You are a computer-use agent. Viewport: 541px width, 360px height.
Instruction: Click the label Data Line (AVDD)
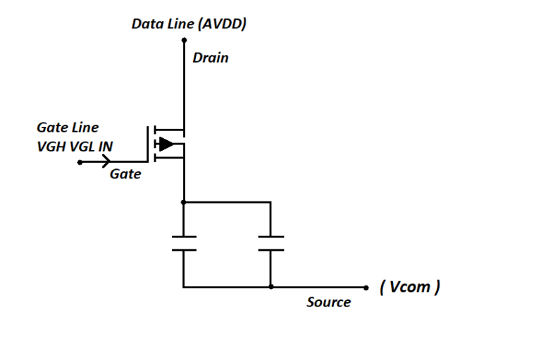click(x=188, y=24)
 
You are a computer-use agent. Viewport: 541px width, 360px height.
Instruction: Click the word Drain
click(x=210, y=58)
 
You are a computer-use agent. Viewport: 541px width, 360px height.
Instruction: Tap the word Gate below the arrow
click(x=125, y=174)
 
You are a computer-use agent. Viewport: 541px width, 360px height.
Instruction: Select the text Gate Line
click(x=68, y=128)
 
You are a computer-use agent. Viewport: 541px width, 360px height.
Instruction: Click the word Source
click(x=328, y=302)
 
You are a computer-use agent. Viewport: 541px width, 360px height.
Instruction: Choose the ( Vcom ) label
click(x=409, y=287)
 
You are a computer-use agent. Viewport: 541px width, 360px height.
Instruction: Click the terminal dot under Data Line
click(x=183, y=41)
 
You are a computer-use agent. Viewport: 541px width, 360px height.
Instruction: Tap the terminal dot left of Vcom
click(x=366, y=287)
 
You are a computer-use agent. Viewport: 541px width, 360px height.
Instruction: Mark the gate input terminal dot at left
click(x=80, y=162)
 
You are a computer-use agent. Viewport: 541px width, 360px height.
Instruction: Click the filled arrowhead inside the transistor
click(x=166, y=144)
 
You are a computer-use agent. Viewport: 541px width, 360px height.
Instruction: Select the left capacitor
click(x=183, y=243)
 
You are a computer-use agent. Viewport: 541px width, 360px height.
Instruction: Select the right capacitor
click(x=270, y=243)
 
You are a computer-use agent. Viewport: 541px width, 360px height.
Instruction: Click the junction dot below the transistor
click(x=183, y=202)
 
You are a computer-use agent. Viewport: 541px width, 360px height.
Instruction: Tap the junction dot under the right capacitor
click(x=270, y=287)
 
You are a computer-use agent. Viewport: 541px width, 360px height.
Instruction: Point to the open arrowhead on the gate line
click(x=107, y=162)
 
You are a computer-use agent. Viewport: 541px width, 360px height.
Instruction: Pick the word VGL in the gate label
click(x=78, y=147)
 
